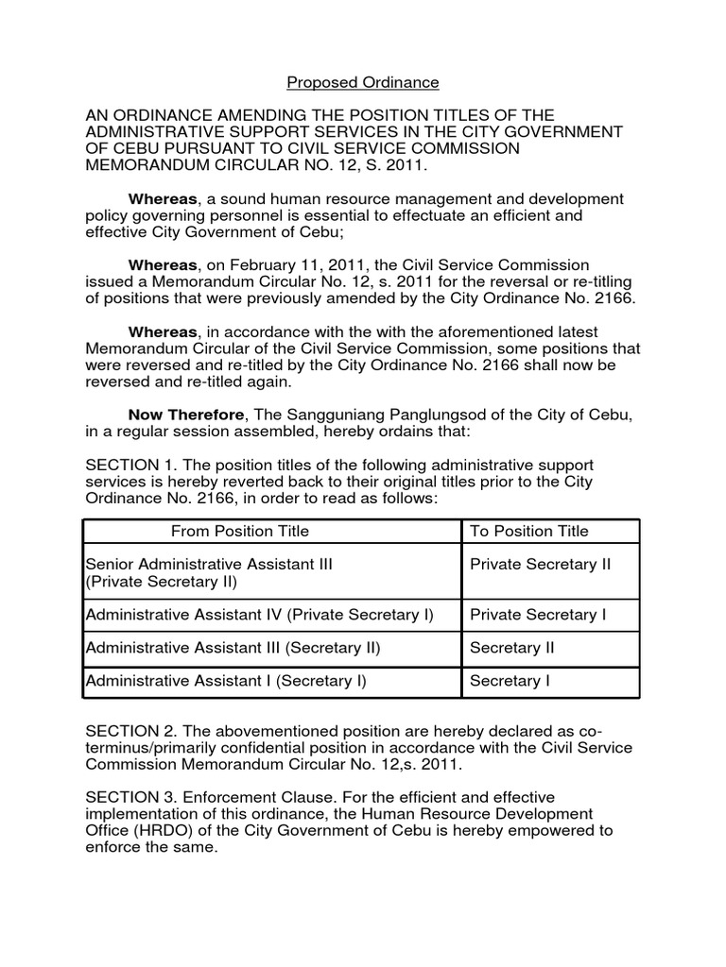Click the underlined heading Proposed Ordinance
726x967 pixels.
coord(363,82)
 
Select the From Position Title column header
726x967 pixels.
coord(240,531)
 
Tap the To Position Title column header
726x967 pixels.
coord(528,531)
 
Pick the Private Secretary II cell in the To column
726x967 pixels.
coord(540,564)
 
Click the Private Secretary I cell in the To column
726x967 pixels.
coord(538,615)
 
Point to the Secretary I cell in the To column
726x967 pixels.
coord(510,680)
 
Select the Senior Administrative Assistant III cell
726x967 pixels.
coord(209,564)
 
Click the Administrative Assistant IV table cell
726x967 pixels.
coord(259,615)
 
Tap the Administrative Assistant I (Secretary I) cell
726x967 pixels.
coord(226,680)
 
